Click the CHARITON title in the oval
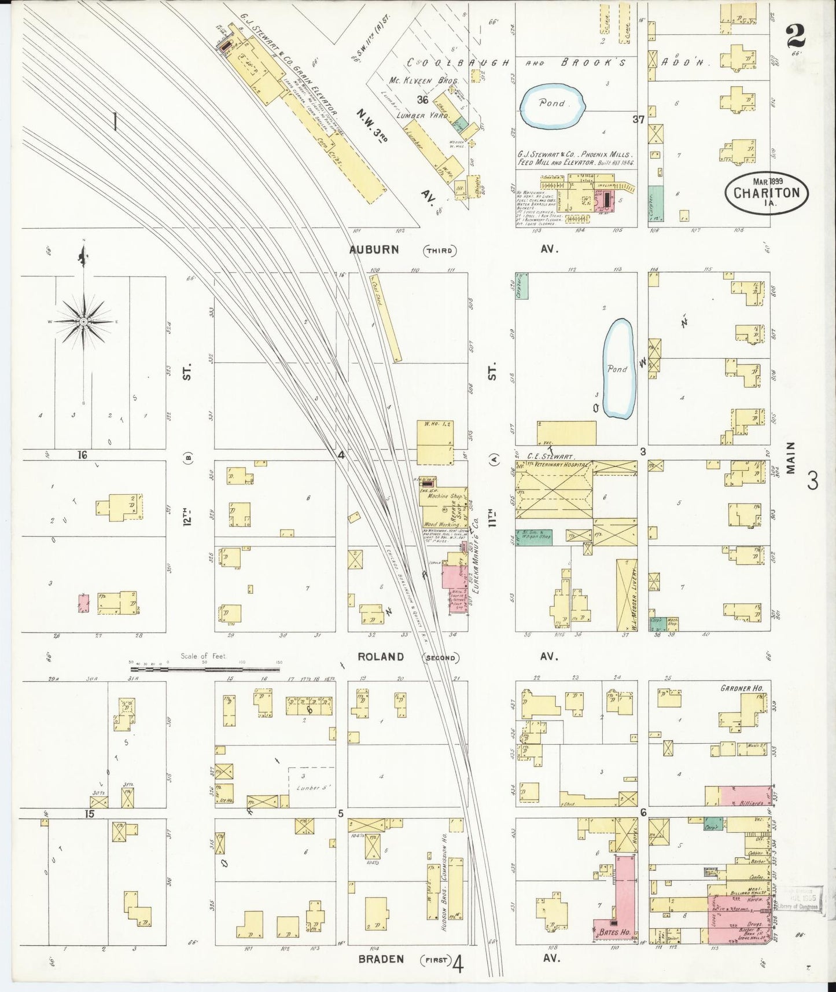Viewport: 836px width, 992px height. pyautogui.click(x=767, y=193)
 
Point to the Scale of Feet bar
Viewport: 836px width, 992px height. pyautogui.click(x=205, y=670)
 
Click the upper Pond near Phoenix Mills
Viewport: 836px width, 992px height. pyautogui.click(x=553, y=104)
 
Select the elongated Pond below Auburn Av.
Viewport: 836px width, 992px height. pyautogui.click(x=618, y=369)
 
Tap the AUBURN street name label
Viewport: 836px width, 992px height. pyautogui.click(x=374, y=249)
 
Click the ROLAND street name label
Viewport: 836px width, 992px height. pyautogui.click(x=380, y=657)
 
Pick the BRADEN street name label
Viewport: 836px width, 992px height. pyautogui.click(x=381, y=958)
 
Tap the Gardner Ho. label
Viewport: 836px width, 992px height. pyautogui.click(x=742, y=688)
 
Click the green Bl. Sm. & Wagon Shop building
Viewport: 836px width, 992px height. pyautogui.click(x=533, y=538)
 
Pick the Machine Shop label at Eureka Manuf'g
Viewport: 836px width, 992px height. pyautogui.click(x=444, y=496)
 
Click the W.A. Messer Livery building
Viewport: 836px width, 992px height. pyautogui.click(x=626, y=593)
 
